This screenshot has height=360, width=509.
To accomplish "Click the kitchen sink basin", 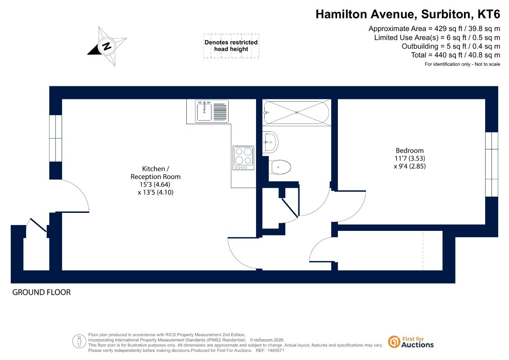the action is [x=204, y=112].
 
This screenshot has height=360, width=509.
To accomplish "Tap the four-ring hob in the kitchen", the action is [x=243, y=158].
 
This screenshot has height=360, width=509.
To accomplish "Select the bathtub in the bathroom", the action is [x=297, y=112].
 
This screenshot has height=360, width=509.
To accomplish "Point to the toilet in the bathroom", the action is [x=280, y=167].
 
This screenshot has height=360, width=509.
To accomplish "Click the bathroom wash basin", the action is [x=270, y=142].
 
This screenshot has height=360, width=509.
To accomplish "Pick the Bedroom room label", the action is [x=410, y=150].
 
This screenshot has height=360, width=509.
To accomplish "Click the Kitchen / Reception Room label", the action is [x=156, y=173].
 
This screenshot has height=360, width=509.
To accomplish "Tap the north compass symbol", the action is [x=107, y=46].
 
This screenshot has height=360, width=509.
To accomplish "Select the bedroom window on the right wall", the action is [x=491, y=164].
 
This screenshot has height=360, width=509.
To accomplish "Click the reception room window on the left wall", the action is [x=55, y=138].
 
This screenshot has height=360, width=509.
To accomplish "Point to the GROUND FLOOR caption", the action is [x=41, y=292].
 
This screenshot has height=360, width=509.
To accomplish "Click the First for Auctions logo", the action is [x=411, y=342].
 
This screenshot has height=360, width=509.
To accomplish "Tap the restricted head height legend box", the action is [x=231, y=46].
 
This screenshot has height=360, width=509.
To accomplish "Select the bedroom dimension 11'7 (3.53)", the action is [x=410, y=158].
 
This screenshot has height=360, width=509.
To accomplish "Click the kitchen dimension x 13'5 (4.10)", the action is [x=156, y=192].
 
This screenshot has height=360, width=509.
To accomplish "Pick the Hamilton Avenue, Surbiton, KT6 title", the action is [x=408, y=14].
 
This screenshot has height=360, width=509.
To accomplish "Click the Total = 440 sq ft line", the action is [x=455, y=55].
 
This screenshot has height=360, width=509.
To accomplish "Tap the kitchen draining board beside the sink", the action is [x=220, y=112].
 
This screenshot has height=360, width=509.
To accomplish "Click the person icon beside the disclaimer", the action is [x=79, y=342].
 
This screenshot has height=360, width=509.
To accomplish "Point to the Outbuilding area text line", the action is [x=451, y=46].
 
